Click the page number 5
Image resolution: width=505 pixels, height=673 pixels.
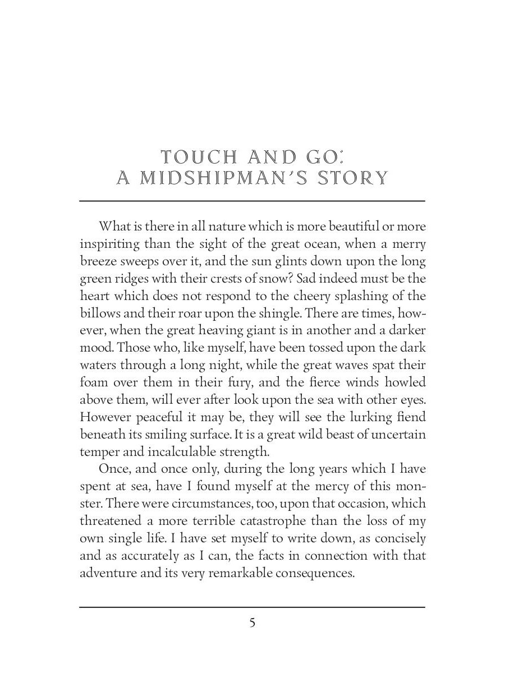coord(252,623)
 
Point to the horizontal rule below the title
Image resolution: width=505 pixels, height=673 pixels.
coord(252,200)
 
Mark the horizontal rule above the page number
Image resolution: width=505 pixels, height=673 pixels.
coord(252,607)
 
